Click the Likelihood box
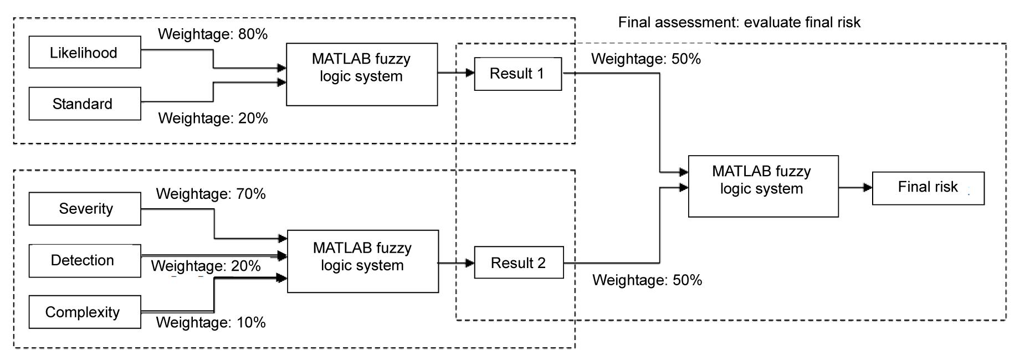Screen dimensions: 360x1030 coord(84,53)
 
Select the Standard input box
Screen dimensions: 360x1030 coord(84,104)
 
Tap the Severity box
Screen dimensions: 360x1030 coord(85,209)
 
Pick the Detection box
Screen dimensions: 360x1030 coord(85,260)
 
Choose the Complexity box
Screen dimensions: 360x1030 coord(85,312)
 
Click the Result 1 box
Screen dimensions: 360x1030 coord(517,74)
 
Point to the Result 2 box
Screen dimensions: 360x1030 coord(519,263)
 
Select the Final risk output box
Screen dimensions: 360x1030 coord(928,188)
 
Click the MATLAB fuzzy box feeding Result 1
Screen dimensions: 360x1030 coord(361,74)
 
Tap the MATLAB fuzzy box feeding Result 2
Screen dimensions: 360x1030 coord(362,261)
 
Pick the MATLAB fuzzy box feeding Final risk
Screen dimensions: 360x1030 coord(763,186)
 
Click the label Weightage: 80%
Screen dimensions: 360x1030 coord(213,34)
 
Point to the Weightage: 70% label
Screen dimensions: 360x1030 coord(211,194)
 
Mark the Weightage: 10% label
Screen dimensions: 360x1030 coord(211,322)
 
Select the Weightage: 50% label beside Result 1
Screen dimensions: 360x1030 coord(645,59)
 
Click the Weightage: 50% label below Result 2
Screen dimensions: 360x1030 coord(647,280)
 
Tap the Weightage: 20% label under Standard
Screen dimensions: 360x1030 coord(213,118)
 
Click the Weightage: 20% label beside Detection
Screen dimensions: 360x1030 coord(206,266)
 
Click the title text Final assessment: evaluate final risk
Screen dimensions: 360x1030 coord(739,23)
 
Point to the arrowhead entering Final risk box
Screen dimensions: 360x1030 coord(868,188)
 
